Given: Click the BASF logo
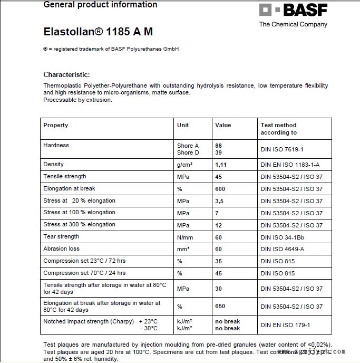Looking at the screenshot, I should [x=293, y=11].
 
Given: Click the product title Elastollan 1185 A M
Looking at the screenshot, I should [x=98, y=32].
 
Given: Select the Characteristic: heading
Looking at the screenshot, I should [x=66, y=75].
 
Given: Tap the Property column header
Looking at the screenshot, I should [x=56, y=125].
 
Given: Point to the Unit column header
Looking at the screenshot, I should [x=183, y=125].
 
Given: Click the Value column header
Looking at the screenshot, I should [x=223, y=125].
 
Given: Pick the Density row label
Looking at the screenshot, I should [x=53, y=165].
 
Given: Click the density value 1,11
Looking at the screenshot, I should [x=220, y=165].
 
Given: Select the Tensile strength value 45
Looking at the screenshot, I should [x=218, y=177].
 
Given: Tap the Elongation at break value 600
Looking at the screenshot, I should [x=220, y=189].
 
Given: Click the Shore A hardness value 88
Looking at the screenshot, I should [x=218, y=146].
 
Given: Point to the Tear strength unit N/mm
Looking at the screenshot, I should [x=186, y=237].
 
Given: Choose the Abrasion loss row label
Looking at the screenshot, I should [x=61, y=249].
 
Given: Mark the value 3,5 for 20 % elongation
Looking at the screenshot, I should [x=219, y=201].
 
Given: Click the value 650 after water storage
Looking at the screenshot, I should [x=220, y=307].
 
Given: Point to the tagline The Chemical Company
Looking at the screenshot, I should [x=293, y=24].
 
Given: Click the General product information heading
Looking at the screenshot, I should [x=100, y=5].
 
